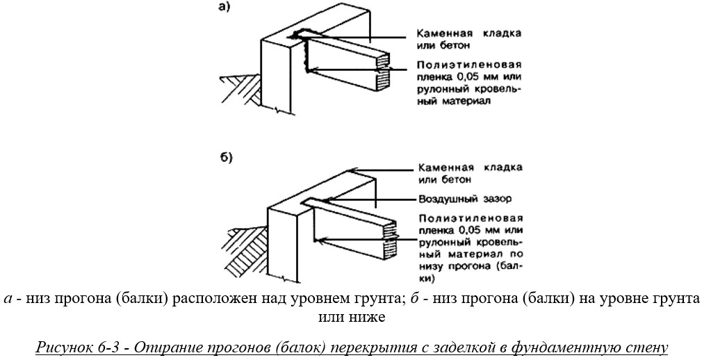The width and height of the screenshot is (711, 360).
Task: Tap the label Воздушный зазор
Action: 464,199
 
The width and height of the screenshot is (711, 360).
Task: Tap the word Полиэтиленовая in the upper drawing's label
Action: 469,66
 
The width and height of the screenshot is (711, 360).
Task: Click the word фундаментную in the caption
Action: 589,347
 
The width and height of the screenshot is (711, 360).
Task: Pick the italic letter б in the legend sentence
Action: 414,298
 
